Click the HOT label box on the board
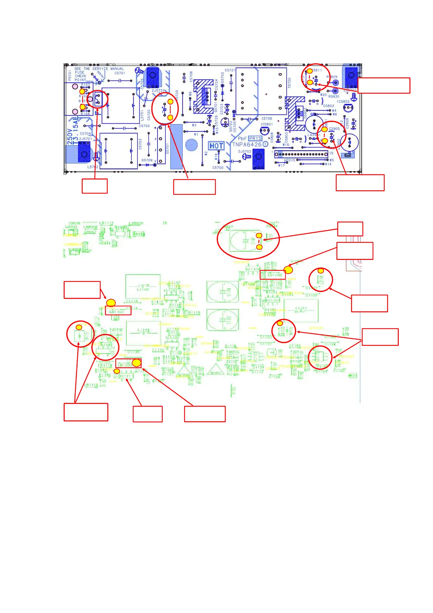click(x=216, y=146)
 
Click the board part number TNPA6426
click(x=247, y=145)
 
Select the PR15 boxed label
click(x=255, y=138)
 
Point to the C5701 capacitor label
click(x=120, y=73)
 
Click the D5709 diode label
click(x=147, y=160)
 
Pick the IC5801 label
click(x=267, y=124)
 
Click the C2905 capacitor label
click(x=334, y=129)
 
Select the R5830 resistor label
click(x=334, y=96)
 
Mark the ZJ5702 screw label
click(x=245, y=151)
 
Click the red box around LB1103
click(x=118, y=311)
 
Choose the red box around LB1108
click(x=273, y=275)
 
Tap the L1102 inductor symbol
click(x=143, y=288)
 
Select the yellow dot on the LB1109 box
click(x=136, y=363)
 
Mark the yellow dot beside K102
click(x=82, y=91)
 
